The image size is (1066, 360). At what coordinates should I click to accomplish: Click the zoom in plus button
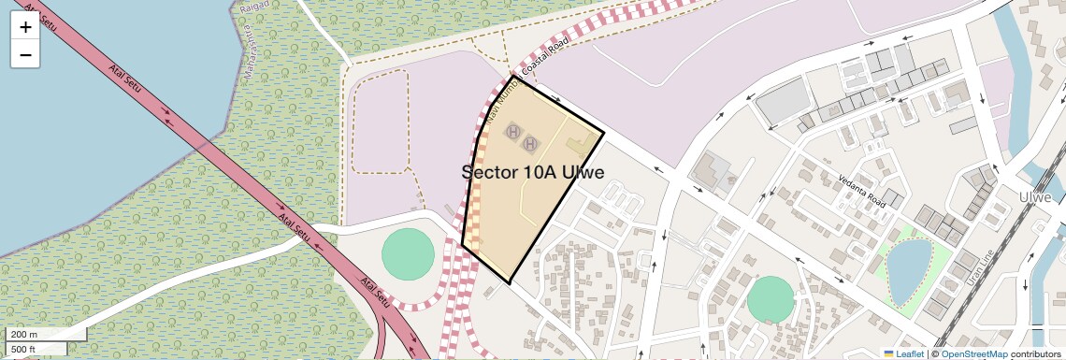[25, 27]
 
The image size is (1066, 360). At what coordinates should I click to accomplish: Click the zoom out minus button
[25, 55]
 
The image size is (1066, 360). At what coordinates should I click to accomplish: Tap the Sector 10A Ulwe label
[533, 172]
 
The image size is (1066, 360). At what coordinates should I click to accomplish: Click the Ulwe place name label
[1036, 198]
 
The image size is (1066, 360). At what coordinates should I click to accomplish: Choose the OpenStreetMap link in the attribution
[974, 353]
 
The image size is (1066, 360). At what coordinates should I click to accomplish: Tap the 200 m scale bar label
[25, 335]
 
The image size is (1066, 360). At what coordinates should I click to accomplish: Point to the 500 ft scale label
[24, 349]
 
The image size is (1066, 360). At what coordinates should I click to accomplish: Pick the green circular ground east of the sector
[771, 300]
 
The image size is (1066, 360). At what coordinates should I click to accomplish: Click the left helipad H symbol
[512, 132]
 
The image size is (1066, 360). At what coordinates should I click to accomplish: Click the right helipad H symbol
[530, 143]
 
